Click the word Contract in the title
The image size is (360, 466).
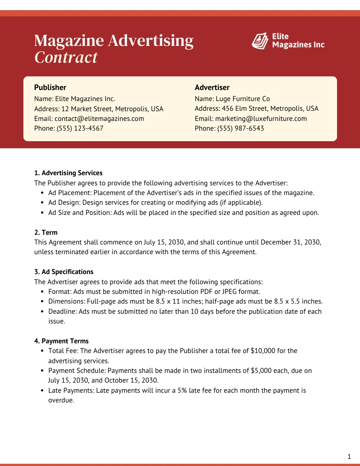(66, 57)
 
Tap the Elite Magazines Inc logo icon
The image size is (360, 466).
(260, 41)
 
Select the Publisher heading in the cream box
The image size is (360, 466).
(50, 87)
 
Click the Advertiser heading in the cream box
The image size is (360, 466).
(212, 87)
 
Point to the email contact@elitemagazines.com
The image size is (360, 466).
(99, 119)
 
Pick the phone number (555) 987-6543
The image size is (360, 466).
(241, 128)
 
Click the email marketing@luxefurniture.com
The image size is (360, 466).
(261, 119)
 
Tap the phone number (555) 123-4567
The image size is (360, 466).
(79, 128)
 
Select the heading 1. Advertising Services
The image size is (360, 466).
(68, 173)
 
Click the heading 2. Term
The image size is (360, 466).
(46, 233)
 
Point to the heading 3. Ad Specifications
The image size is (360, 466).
(64, 272)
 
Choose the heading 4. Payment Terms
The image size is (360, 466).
(61, 341)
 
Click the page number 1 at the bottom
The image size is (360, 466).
(349, 457)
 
